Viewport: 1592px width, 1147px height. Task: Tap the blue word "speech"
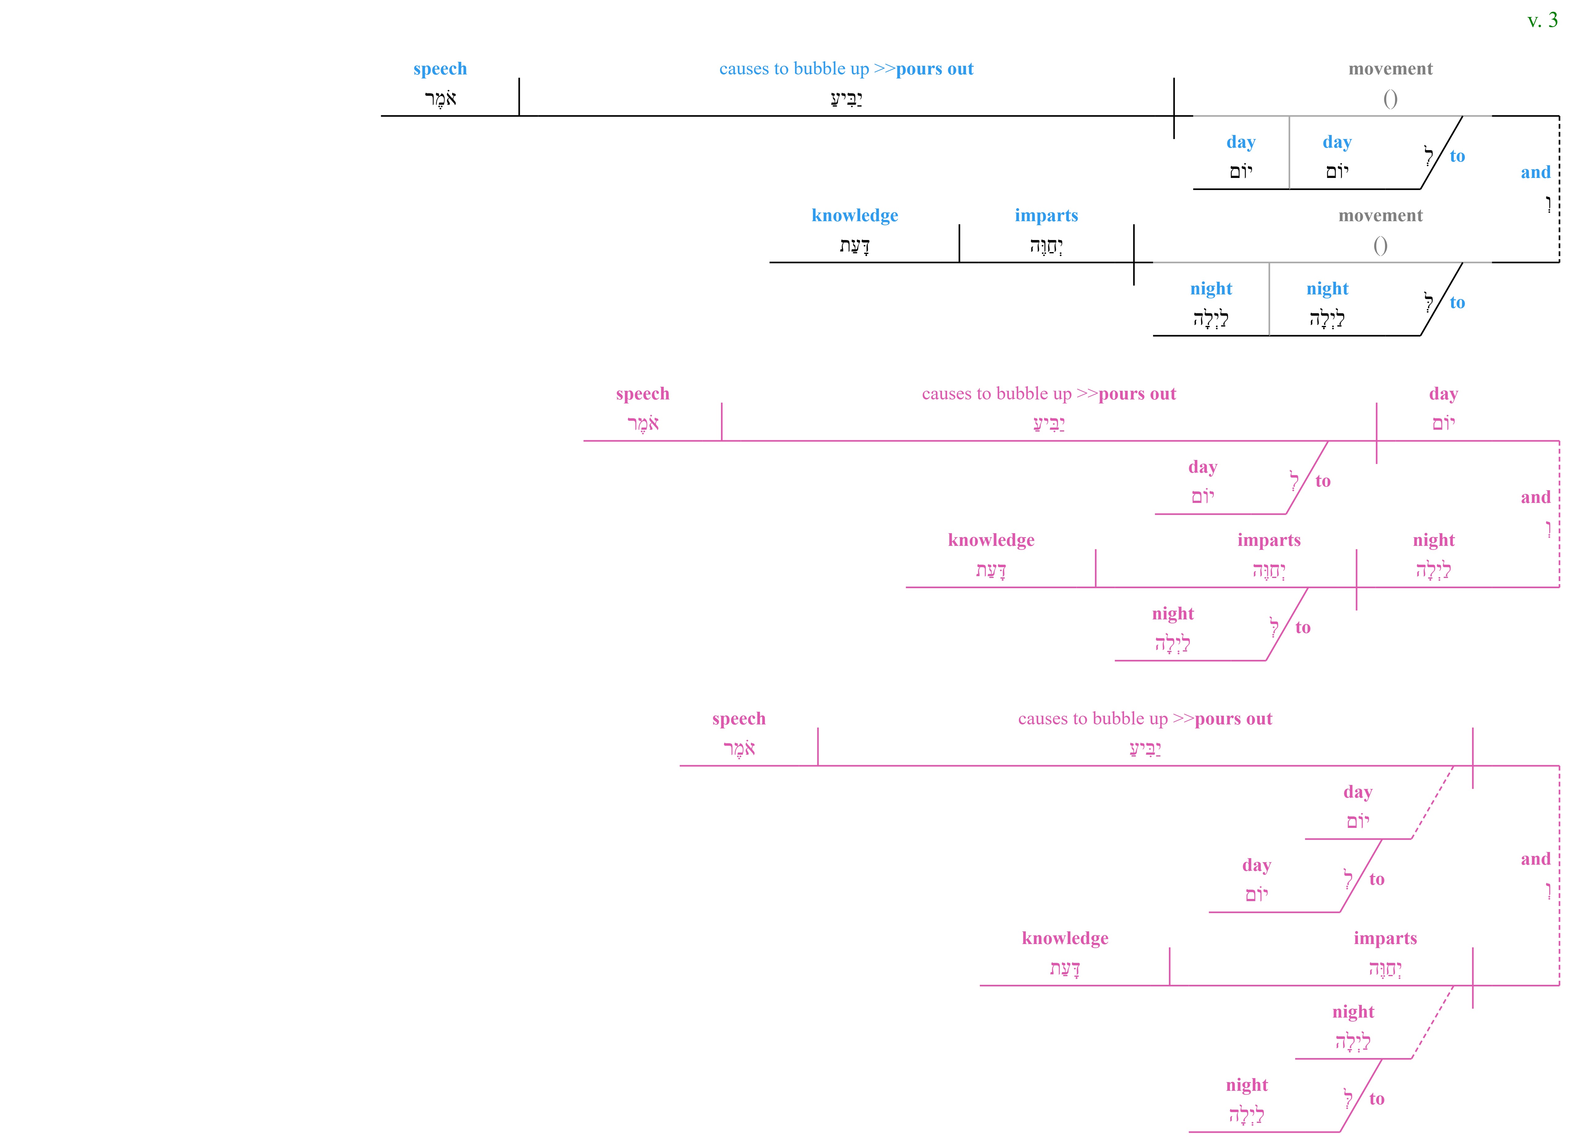click(440, 69)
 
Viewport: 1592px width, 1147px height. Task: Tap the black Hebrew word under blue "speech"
click(440, 98)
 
